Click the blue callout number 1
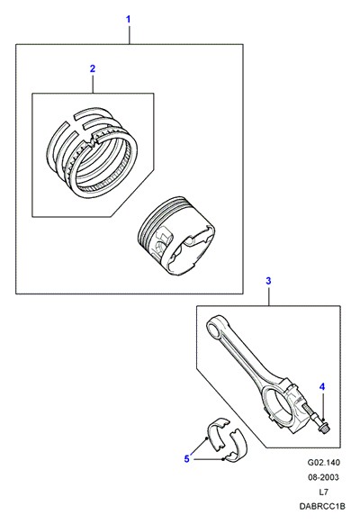click(128, 20)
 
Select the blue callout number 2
click(93, 68)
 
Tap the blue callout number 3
click(268, 281)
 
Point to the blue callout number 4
click(321, 387)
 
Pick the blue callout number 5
click(186, 459)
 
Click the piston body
click(176, 236)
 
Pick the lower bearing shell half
click(236, 446)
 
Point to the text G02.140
click(323, 463)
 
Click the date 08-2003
click(323, 477)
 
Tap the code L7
click(323, 492)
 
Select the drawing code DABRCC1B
click(322, 507)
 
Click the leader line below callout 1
click(130, 34)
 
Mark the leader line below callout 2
click(94, 84)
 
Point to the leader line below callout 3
click(269, 296)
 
